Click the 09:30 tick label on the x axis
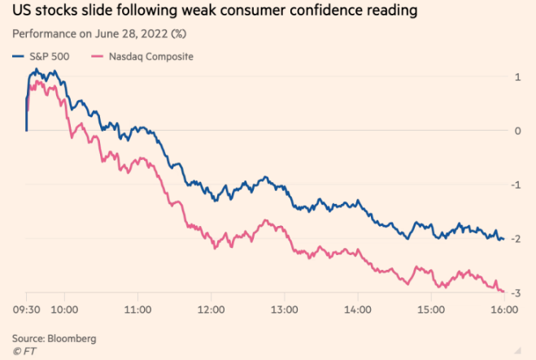[26, 309]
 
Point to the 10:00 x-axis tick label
[63, 309]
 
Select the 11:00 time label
[137, 309]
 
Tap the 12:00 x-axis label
[211, 309]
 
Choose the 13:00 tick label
[284, 309]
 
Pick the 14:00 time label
[357, 309]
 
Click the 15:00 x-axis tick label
[430, 309]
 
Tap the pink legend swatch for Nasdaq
[98, 56]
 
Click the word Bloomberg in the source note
[71, 337]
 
